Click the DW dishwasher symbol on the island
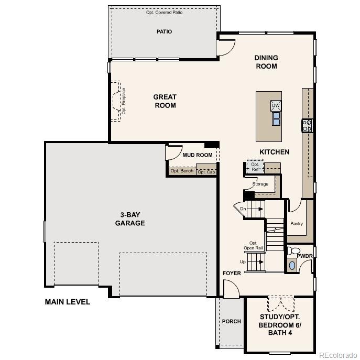(x=276, y=106)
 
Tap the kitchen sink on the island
(x=276, y=119)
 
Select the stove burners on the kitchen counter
(x=307, y=125)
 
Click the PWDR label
(x=304, y=256)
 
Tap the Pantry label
(x=297, y=224)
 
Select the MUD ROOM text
(x=198, y=155)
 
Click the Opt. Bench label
(x=182, y=171)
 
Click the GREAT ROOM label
(x=165, y=101)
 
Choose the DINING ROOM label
(x=266, y=62)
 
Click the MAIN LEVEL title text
(x=68, y=302)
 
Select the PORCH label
(x=232, y=321)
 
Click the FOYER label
(x=232, y=273)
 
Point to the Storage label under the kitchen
(x=260, y=184)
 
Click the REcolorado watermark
(x=338, y=354)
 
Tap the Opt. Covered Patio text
(x=164, y=12)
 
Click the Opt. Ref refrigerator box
(x=255, y=167)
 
